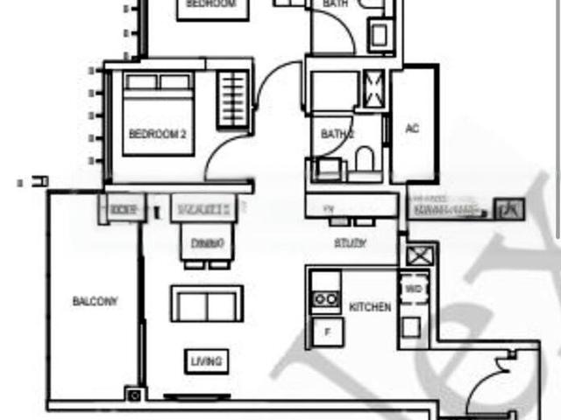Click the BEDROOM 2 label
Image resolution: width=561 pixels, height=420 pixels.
[157, 134]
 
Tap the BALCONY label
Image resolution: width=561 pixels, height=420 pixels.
[95, 301]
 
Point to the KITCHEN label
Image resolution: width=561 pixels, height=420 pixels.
[370, 307]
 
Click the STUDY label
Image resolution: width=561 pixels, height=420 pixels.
[350, 244]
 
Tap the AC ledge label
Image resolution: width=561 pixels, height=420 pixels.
[412, 129]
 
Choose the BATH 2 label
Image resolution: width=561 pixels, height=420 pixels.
[337, 135]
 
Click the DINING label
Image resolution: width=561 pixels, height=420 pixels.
[207, 241]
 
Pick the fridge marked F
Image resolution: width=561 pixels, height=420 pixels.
[328, 332]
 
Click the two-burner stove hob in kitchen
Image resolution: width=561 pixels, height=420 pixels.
[326, 298]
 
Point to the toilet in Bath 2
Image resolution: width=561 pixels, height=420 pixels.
[365, 159]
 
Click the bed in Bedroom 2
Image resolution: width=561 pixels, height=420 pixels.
[158, 114]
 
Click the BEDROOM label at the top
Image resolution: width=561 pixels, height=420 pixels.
[211, 4]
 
